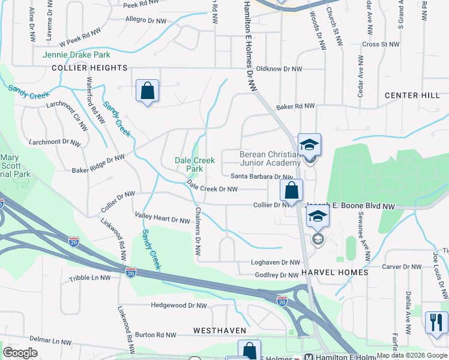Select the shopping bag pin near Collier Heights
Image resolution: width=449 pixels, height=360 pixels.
click(148, 91)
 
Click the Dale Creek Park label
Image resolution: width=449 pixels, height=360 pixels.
click(194, 164)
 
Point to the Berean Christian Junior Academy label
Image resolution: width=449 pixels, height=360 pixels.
click(270, 158)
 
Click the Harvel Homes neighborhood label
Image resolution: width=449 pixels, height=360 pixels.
click(335, 272)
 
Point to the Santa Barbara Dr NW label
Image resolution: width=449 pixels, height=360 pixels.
click(262, 176)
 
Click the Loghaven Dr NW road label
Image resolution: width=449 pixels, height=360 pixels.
click(275, 263)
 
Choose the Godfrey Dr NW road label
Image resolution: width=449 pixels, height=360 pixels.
click(277, 275)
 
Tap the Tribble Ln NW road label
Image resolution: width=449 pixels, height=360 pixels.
click(90, 278)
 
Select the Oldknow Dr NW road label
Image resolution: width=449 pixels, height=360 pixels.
click(279, 69)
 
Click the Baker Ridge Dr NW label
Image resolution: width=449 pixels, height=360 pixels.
click(98, 163)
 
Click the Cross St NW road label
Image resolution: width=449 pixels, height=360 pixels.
click(381, 44)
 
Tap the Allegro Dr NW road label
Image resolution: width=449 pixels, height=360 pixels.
click(145, 20)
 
